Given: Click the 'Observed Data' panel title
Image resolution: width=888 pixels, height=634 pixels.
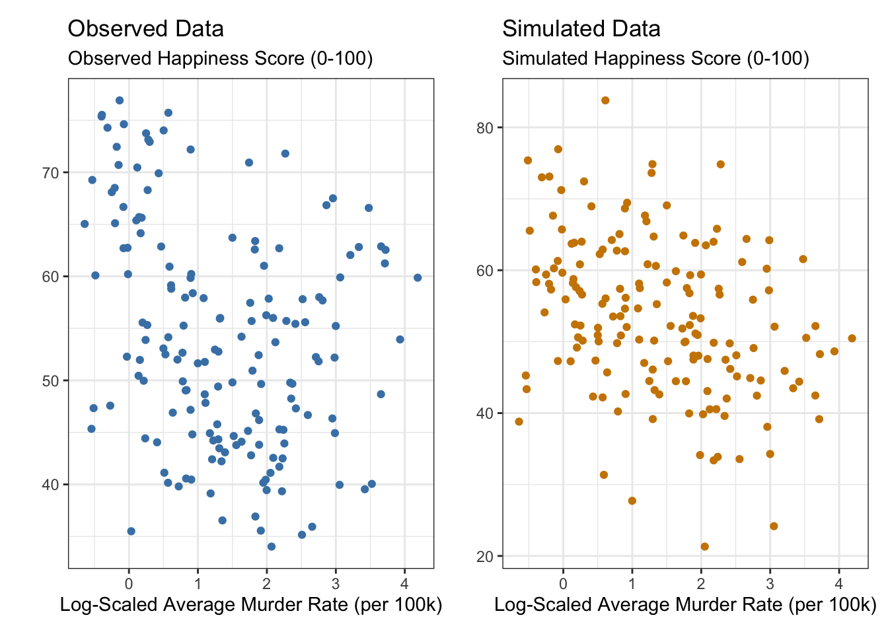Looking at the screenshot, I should click(145, 29).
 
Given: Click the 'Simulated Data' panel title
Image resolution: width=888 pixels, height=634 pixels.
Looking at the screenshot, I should click(581, 29).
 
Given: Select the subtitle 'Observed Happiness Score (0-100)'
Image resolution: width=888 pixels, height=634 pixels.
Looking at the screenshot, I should click(220, 59).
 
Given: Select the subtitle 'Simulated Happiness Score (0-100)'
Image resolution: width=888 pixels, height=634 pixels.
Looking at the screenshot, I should click(655, 59).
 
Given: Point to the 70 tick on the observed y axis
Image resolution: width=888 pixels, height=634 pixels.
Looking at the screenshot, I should click(51, 173).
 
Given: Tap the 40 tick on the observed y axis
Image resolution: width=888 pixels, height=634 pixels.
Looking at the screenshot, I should click(51, 485).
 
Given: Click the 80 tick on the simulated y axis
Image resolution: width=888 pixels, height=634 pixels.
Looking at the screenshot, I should click(485, 127).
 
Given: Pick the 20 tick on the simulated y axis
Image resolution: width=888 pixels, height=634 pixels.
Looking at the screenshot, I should click(485, 556).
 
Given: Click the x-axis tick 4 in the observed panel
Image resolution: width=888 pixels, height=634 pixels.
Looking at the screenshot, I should click(405, 583).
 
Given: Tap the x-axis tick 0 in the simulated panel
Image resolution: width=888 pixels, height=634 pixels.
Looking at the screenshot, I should click(563, 583).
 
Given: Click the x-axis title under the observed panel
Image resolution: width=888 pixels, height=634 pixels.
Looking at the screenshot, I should click(251, 605).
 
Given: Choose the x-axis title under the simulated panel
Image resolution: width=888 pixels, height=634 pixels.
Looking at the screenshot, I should click(685, 605).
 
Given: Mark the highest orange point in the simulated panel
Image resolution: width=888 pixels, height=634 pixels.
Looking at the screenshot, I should click(605, 100).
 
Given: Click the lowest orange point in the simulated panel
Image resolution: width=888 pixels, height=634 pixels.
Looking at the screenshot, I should click(704, 546).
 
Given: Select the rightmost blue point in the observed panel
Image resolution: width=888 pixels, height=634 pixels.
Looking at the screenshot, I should click(418, 277).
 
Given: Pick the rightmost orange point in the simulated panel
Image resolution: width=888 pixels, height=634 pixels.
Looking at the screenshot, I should click(852, 338).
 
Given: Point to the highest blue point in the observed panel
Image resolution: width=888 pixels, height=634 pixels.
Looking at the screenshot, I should click(120, 100).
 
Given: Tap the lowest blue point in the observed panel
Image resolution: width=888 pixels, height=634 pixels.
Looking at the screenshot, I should click(271, 546).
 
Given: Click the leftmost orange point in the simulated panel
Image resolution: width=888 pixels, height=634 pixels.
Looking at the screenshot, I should click(519, 421).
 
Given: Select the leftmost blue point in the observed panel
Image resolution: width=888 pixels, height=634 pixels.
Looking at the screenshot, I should click(85, 224).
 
